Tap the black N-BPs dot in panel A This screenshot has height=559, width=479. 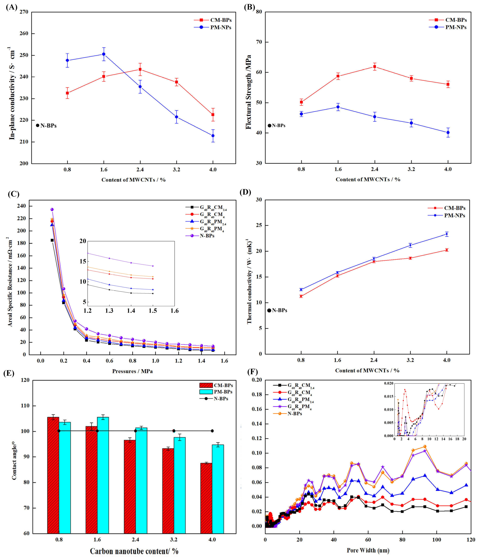[x=37, y=125]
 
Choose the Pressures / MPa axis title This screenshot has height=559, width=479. [x=132, y=371]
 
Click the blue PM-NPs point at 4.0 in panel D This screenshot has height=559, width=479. [x=447, y=234]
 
